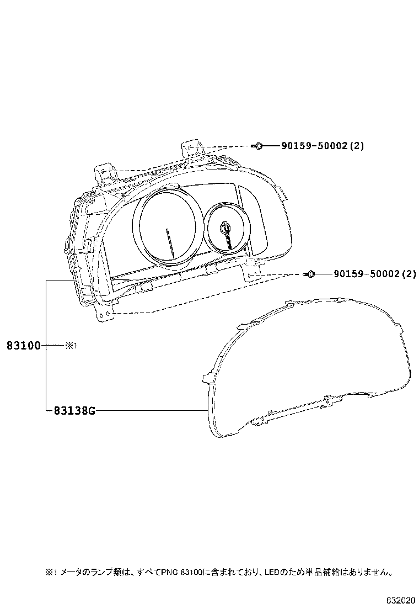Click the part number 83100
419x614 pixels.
[x=24, y=346]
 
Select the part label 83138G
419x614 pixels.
[x=74, y=411]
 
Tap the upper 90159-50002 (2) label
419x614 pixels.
[x=323, y=146]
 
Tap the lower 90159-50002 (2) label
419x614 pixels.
[x=375, y=274]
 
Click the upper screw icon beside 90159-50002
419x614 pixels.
[x=258, y=146]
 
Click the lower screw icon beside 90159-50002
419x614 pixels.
[x=310, y=274]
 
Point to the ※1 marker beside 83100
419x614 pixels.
[x=71, y=346]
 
